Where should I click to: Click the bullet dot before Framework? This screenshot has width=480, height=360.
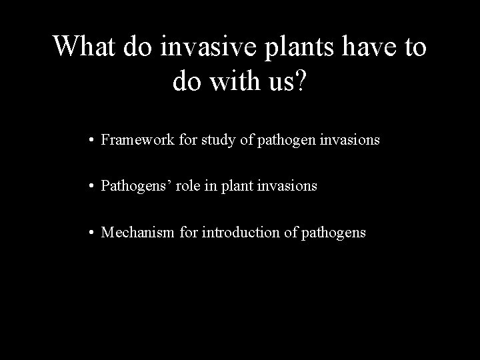[x=90, y=141]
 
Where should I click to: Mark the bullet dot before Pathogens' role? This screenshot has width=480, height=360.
[x=90, y=187]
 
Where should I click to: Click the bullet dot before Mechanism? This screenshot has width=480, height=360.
[x=90, y=233]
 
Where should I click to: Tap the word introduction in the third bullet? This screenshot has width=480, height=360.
[x=233, y=233]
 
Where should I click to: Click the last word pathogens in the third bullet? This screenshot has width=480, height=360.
[x=334, y=233]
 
